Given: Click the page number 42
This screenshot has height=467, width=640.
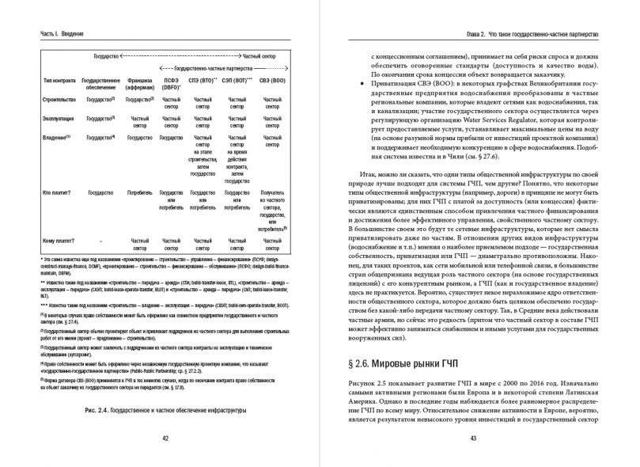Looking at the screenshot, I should [x=165, y=439].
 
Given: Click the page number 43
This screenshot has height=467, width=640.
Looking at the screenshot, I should [x=474, y=439].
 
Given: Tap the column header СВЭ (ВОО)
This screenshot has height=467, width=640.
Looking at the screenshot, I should [x=270, y=80].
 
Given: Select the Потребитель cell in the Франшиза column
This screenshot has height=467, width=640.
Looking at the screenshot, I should [x=138, y=192].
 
